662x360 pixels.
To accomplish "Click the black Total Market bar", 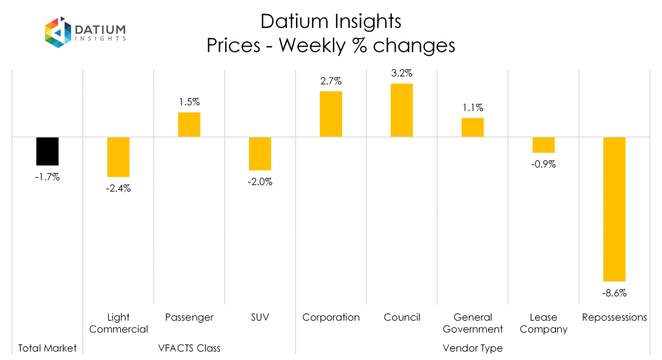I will pos(47,151).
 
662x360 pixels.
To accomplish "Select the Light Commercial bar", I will pos(118,157).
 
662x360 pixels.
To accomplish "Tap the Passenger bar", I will pos(189,125).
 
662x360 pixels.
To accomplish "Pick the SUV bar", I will pos(260,154).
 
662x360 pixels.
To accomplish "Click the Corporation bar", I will pos(330,114).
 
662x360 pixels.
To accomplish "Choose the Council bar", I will pos(401,111).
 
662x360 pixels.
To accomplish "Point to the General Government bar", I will pos(472,127).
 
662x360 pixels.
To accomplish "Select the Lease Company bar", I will pos(543,145).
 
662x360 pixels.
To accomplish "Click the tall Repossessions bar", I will pos(614,209).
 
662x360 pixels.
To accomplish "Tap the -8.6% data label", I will pos(614,293).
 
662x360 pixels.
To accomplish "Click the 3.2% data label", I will pos(401,73).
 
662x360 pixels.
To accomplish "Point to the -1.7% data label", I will pos(47,176).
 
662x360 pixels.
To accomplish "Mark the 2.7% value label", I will pos(330,81).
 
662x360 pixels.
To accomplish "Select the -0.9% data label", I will pos(543,164).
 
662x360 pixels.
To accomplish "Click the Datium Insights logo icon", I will pos(57,33).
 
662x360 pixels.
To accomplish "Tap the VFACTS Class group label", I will pos(189,348).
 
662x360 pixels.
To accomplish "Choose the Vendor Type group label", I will pos(472,348).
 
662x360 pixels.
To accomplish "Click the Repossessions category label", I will pos(614,317).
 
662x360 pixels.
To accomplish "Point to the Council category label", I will pos(401,317).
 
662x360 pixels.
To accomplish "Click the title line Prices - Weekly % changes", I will pos(330,46).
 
